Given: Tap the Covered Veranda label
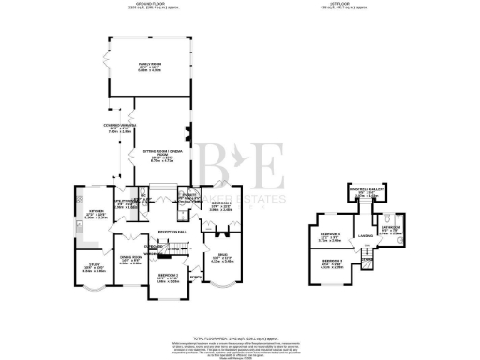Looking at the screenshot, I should tap(125, 128).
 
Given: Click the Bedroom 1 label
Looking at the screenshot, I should tap(220, 206).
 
